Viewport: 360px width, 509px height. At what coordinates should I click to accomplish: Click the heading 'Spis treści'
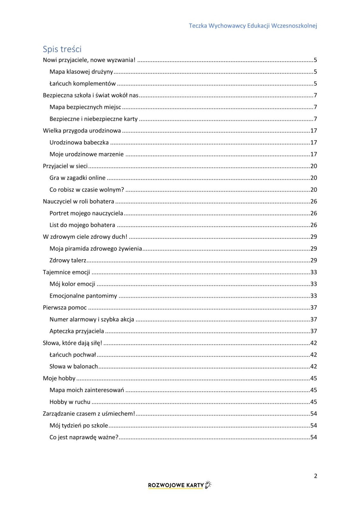62,49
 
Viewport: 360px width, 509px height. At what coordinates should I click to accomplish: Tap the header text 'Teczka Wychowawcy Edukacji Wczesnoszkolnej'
253,26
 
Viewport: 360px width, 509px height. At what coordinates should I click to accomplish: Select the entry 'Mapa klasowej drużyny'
81,72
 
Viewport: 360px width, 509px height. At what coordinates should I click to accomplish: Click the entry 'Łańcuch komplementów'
82,84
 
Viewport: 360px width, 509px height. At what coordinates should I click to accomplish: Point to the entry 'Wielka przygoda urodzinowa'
82,131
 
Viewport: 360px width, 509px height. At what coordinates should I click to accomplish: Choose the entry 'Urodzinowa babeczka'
79,143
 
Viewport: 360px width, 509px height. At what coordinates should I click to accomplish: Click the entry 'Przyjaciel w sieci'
65,166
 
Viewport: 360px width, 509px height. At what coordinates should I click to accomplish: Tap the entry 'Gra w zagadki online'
77,178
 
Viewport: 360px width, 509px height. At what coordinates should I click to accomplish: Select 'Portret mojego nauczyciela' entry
86,213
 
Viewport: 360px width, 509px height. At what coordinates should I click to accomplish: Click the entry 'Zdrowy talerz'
68,260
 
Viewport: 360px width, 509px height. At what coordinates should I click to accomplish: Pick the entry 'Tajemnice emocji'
67,272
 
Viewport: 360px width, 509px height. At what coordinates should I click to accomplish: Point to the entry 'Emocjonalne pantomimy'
83,296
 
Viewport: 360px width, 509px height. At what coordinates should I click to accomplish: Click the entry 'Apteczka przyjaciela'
77,331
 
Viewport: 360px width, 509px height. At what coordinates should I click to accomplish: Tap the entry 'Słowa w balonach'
74,366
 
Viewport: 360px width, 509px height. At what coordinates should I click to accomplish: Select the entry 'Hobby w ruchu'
70,402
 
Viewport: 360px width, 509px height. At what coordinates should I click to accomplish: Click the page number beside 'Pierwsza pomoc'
314,308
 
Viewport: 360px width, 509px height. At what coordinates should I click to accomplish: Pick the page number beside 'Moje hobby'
314,378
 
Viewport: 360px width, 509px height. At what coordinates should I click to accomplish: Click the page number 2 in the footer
315,476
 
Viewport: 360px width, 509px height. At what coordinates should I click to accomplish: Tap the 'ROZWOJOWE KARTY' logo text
176,485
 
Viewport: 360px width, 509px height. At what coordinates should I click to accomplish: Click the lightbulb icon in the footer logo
208,485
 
